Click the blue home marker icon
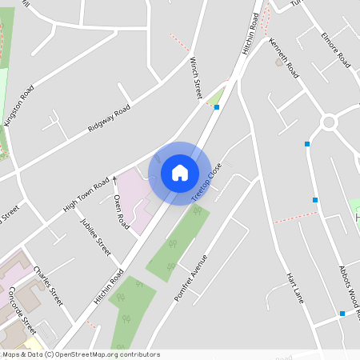[x=180, y=172]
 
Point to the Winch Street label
[x=196, y=78]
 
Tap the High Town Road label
[x=86, y=197]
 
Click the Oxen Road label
[x=121, y=212]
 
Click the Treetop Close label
[x=206, y=184]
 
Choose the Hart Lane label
[x=296, y=289]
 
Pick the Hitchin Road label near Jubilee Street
[x=109, y=285]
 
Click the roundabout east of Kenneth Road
[x=328, y=122]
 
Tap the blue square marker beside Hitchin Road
[x=217, y=106]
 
